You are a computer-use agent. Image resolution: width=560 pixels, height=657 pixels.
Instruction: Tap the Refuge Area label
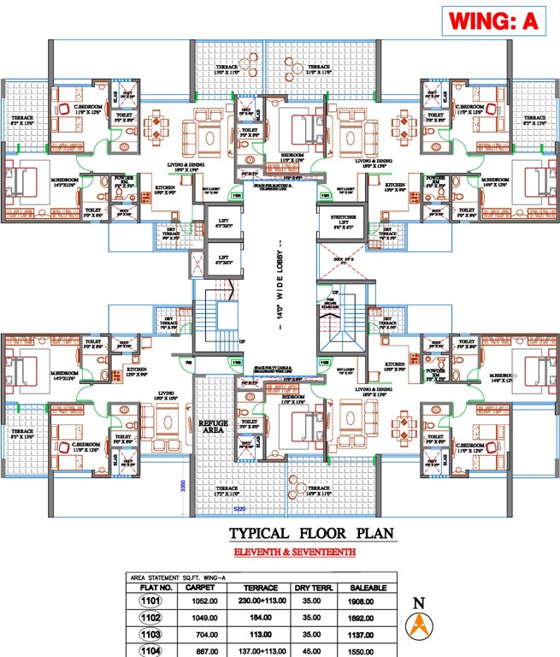[210, 426]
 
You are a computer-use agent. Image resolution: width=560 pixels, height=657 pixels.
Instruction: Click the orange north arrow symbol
[419, 630]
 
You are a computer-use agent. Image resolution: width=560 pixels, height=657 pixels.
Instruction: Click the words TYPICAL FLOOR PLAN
[291, 534]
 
